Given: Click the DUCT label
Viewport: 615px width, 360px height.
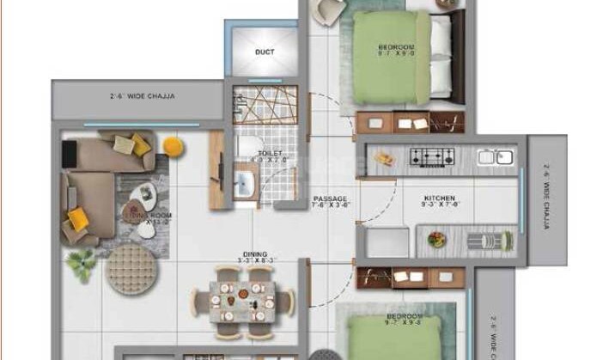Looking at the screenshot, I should (x=265, y=51).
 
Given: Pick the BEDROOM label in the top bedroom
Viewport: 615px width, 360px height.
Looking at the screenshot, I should (x=396, y=46).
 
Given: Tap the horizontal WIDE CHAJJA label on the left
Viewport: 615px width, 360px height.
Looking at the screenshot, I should (x=143, y=96).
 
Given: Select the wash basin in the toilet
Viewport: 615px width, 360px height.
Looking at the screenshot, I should (x=244, y=183).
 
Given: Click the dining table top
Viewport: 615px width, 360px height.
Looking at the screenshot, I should (x=246, y=296).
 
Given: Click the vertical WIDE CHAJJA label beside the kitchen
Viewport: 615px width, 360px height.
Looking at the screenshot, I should (x=547, y=201).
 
